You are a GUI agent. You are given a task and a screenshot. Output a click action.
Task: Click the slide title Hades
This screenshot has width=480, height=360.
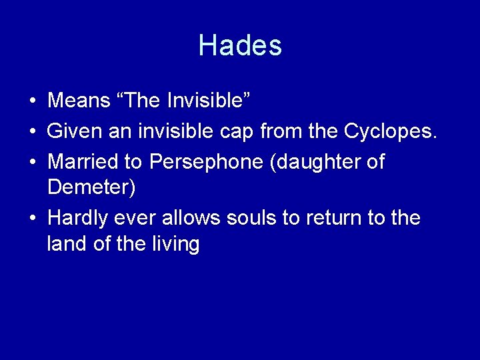coord(240,45)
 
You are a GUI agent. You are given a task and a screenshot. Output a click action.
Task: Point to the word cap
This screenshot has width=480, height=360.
coord(237,131)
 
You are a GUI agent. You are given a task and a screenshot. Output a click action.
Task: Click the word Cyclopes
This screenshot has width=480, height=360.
coord(390,131)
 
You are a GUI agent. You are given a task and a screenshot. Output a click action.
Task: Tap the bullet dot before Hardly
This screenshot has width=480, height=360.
coord(32,218)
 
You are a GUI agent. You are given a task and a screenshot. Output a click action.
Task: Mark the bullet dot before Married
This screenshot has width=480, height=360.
coord(32,162)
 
